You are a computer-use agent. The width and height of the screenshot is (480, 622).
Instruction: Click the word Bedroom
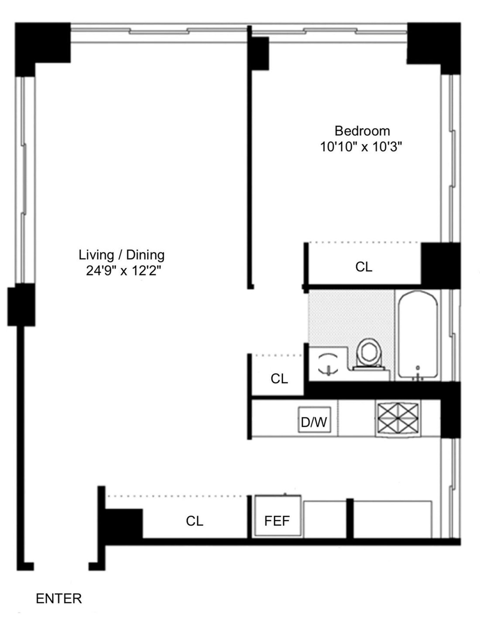[362, 131]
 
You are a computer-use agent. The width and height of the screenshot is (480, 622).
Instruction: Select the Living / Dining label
[121, 255]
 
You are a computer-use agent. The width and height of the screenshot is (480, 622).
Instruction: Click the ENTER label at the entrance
[58, 598]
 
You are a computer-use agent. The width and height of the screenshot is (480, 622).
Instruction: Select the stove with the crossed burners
[398, 418]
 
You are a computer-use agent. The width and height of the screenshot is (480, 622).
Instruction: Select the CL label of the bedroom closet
[364, 267]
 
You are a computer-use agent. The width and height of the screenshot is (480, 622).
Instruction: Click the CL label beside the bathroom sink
[279, 379]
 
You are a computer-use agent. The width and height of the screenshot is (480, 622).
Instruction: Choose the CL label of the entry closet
[195, 521]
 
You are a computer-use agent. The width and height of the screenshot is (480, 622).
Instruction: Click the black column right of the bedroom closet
[440, 264]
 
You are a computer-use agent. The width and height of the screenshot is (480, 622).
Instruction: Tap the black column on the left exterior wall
[21, 304]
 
